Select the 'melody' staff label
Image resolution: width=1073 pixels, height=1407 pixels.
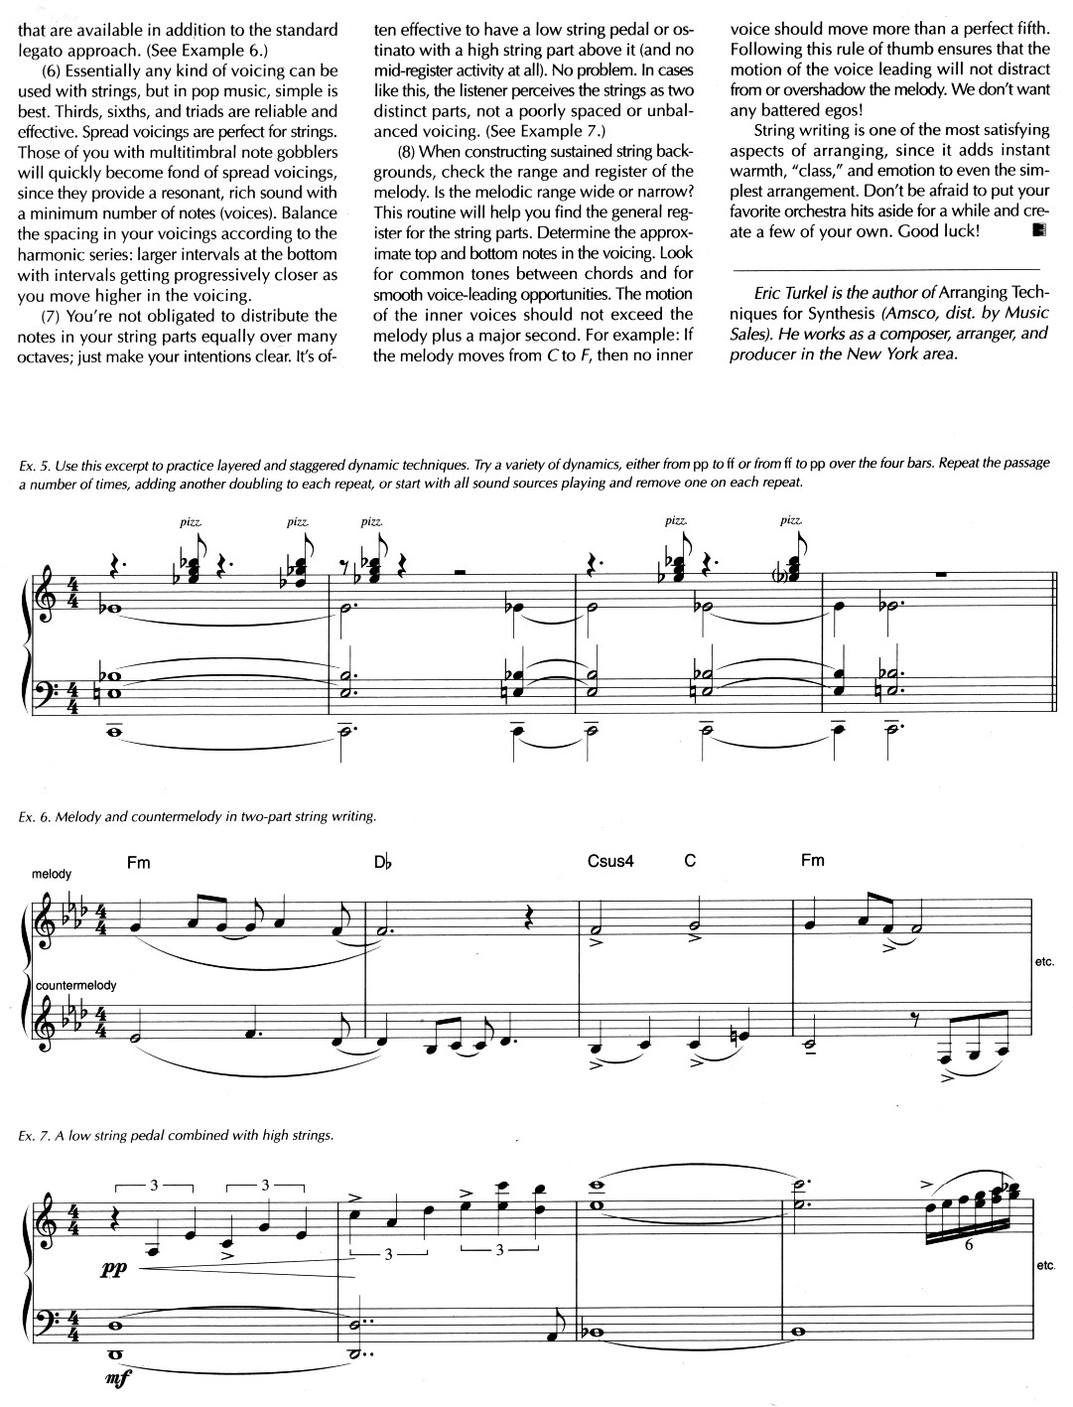52,874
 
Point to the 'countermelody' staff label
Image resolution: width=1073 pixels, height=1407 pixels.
74,985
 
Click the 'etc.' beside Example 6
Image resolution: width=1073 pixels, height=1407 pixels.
1045,963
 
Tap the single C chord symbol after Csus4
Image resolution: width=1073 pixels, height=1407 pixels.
690,861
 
